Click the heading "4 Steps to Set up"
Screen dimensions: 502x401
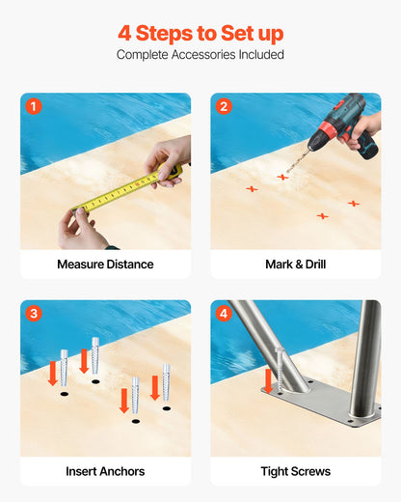pos(200,34)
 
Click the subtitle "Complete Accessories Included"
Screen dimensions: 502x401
pos(200,55)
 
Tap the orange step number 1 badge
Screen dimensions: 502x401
pos(35,106)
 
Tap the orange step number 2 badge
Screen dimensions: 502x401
pos(225,106)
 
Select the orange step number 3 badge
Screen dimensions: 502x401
pos(35,314)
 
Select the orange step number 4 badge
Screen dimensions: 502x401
pos(225,314)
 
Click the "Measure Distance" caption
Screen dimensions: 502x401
pos(105,265)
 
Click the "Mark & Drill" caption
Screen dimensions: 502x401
pos(295,265)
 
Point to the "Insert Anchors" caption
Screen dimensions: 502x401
pos(105,471)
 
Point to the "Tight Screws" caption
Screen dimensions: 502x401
pos(295,471)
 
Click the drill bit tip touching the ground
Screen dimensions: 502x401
pos(286,173)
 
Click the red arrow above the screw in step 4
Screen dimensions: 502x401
pos(268,379)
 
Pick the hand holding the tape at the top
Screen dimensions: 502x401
pos(170,156)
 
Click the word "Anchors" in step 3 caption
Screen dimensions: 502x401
pos(120,471)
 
